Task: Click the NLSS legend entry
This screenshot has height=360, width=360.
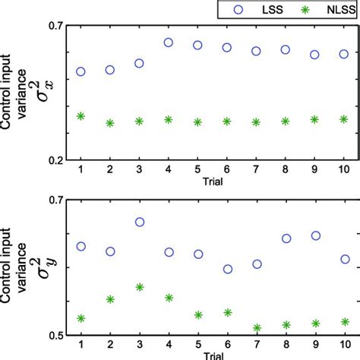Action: click(x=318, y=10)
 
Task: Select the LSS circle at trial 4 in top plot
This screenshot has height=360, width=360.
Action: click(x=168, y=43)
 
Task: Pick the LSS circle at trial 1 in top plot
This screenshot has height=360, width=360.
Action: click(x=81, y=71)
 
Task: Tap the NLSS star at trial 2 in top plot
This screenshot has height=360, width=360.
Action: click(x=110, y=122)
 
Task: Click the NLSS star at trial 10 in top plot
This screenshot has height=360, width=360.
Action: click(x=343, y=119)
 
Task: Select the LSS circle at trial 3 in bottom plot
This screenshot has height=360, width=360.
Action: click(x=139, y=222)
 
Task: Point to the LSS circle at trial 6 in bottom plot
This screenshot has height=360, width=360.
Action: click(x=227, y=269)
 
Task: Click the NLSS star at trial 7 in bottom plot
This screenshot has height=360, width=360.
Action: click(x=256, y=328)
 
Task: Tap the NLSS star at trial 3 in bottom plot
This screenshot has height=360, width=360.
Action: click(x=139, y=287)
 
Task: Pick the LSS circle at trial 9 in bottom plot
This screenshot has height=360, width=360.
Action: click(x=314, y=235)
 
